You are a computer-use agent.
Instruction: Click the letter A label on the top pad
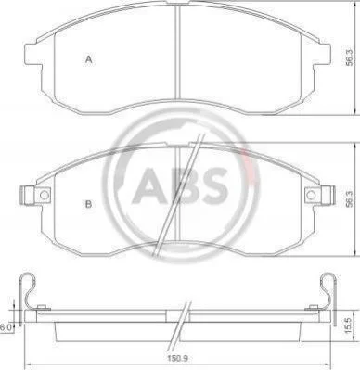[89, 59]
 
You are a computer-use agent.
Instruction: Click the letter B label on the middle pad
[89, 204]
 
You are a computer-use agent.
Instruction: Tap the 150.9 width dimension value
[179, 359]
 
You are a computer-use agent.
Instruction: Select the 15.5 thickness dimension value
[349, 326]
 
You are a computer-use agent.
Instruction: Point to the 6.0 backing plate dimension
[6, 327]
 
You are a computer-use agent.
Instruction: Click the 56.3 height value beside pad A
[349, 57]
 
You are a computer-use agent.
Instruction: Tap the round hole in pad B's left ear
[45, 195]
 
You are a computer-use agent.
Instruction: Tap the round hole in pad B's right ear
[311, 195]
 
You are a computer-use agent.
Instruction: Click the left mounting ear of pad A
[32, 55]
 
